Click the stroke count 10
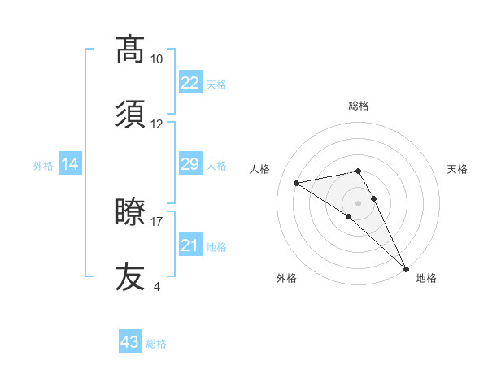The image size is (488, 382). click(x=156, y=59)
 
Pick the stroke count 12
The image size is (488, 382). click(x=156, y=124)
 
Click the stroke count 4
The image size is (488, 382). click(x=156, y=286)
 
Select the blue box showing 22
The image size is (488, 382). click(x=190, y=83)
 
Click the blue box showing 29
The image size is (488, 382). click(x=190, y=164)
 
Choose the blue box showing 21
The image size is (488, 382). click(x=190, y=245)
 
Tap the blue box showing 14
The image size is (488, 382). click(x=70, y=165)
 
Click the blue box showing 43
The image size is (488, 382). click(x=129, y=342)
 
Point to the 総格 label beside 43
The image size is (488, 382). click(x=156, y=344)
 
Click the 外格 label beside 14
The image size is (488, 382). click(x=43, y=166)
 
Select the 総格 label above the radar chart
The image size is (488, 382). click(x=359, y=106)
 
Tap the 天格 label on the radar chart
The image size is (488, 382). click(x=458, y=169)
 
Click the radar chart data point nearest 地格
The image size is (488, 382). click(x=406, y=269)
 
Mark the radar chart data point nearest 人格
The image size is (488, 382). click(x=297, y=183)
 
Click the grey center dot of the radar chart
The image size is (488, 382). click(x=359, y=202)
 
